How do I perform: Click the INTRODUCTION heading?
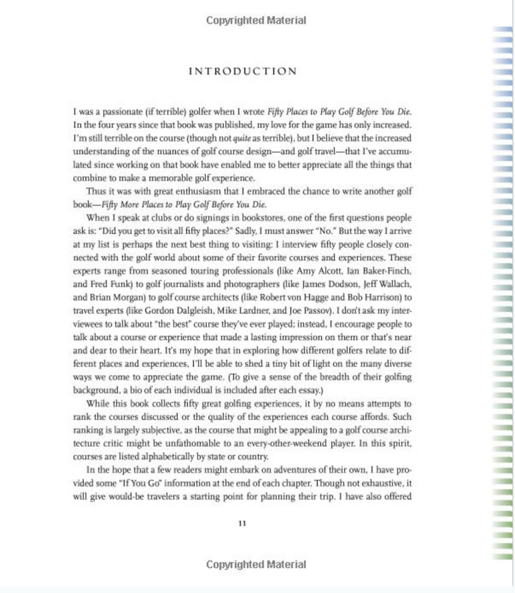pos(242,71)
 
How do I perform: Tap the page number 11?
pos(242,524)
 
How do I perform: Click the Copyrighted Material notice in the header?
pos(256,20)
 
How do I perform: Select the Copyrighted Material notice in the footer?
pos(256,564)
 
